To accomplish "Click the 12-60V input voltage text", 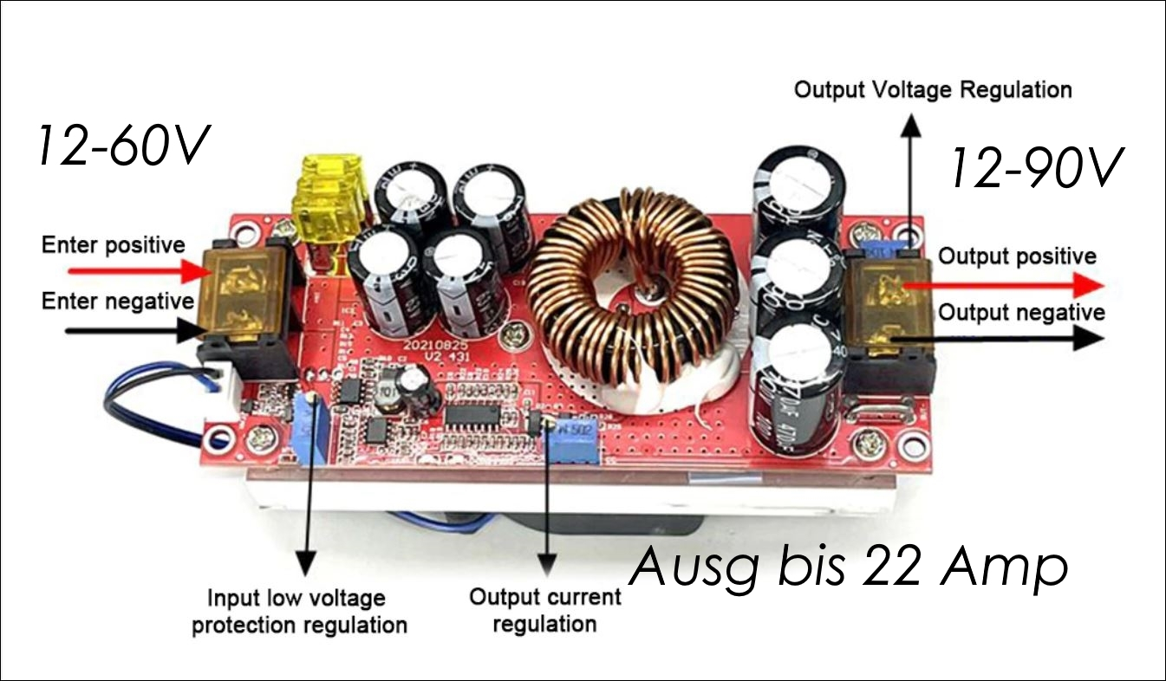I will pos(122,146).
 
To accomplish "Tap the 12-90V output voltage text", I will pos(1037,168).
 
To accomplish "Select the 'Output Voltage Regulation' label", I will pos(933,90).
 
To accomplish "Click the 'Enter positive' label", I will pos(113,245).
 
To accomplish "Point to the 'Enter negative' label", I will pos(117,302).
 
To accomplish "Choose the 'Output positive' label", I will pos(1017,256).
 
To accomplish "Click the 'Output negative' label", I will pos(1021,312).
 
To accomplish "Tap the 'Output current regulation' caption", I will pos(545,610).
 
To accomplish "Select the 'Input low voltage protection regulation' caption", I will pos(299,611).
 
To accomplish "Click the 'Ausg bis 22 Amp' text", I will pos(847,568).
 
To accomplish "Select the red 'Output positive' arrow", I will pos(1006,284).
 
